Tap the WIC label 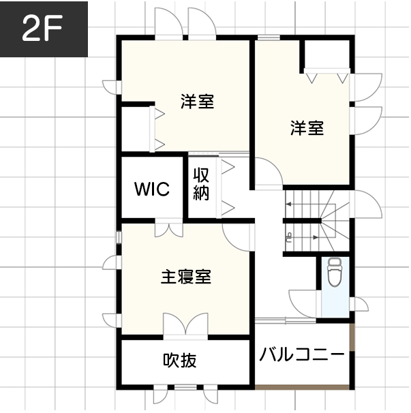click(x=151, y=189)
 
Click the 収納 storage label click(x=200, y=183)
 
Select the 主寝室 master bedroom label click(x=185, y=277)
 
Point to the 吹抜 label click(x=179, y=360)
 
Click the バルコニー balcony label click(x=302, y=355)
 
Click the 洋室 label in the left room click(x=198, y=102)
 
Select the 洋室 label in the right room click(x=307, y=127)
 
